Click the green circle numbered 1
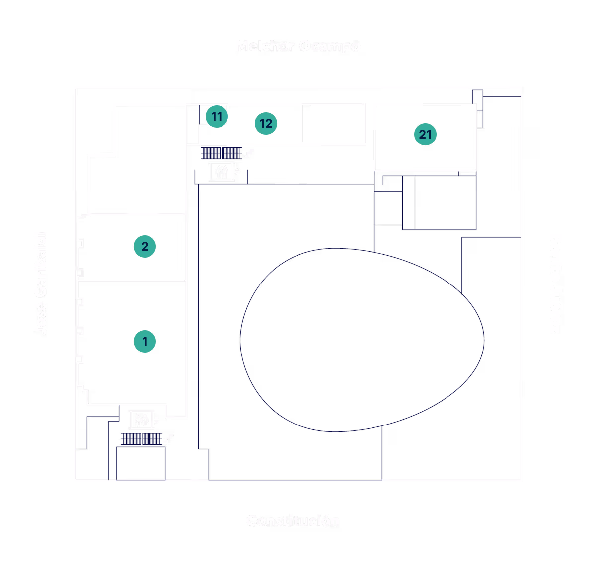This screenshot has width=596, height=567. [x=145, y=342]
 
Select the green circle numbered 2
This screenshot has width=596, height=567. [x=145, y=247]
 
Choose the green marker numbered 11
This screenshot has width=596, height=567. [x=217, y=117]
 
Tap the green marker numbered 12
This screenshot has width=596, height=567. [x=266, y=123]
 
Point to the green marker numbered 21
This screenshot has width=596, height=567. [x=425, y=134]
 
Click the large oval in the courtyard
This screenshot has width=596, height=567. [x=362, y=340]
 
